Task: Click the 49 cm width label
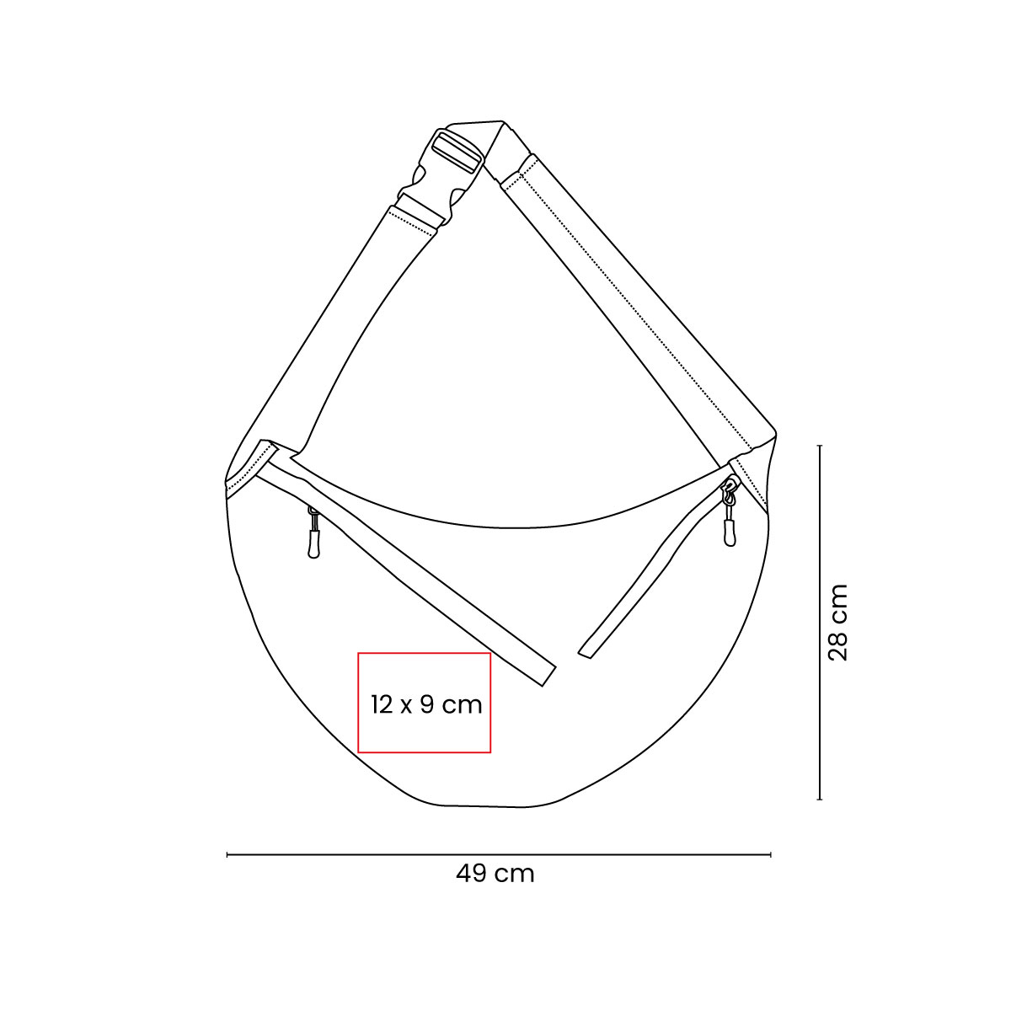point(495,874)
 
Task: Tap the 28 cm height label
point(838,623)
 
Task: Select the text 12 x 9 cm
point(426,704)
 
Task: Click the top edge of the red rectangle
point(424,653)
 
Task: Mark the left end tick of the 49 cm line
point(227,855)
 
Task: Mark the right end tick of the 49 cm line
point(771,855)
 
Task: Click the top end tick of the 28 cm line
point(820,446)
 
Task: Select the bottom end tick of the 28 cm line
point(820,799)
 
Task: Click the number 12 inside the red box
point(382,704)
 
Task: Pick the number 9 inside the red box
point(425,704)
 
